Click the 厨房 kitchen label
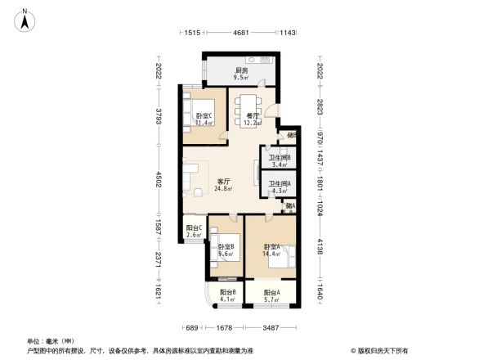click(x=241, y=71)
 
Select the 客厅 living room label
click(x=222, y=182)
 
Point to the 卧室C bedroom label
click(x=204, y=116)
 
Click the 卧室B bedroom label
click(x=226, y=246)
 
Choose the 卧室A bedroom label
click(x=271, y=246)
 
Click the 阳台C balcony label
click(x=195, y=228)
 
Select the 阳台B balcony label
click(x=228, y=292)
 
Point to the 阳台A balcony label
click(x=272, y=292)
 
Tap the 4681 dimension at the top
click(x=240, y=33)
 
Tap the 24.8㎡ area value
click(x=222, y=189)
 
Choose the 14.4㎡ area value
click(x=271, y=254)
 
